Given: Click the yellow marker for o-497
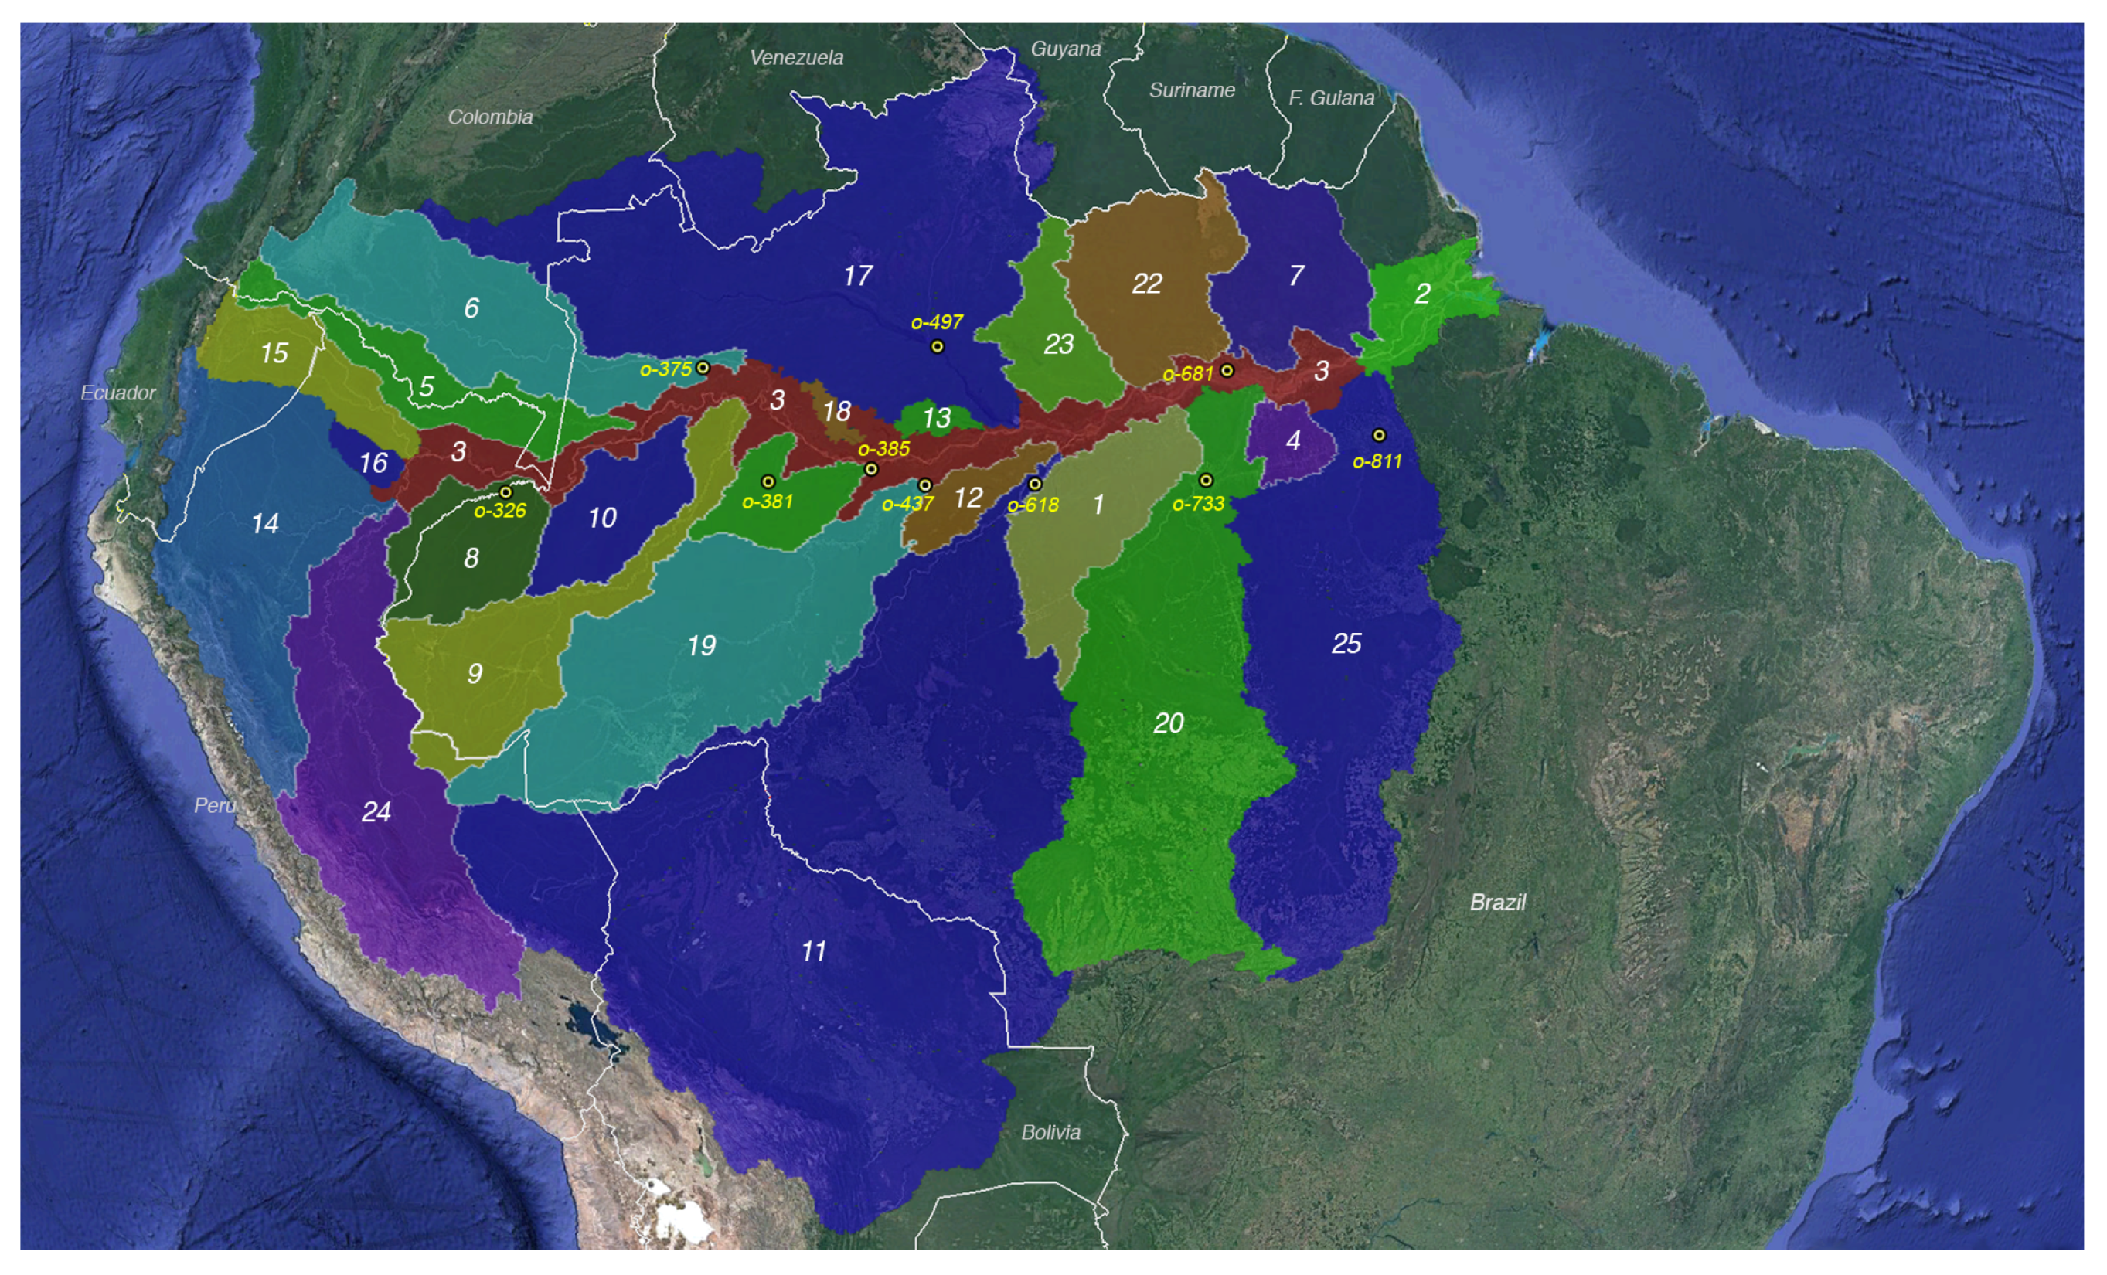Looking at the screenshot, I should pyautogui.click(x=938, y=346).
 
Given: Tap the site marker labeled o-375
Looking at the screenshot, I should pyautogui.click(x=703, y=368).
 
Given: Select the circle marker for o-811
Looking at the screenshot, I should pyautogui.click(x=1378, y=435).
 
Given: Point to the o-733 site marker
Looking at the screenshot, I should pyautogui.click(x=1206, y=480).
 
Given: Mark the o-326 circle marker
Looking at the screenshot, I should pyautogui.click(x=505, y=492).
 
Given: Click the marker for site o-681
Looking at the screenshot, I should pyautogui.click(x=1226, y=370).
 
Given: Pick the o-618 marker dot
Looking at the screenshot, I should pyautogui.click(x=1035, y=484).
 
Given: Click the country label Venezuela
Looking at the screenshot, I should pyautogui.click(x=796, y=57).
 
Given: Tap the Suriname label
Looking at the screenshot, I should pyautogui.click(x=1191, y=90).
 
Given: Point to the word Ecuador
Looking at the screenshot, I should pyautogui.click(x=118, y=393).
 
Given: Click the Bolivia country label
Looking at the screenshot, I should pyautogui.click(x=1050, y=1132).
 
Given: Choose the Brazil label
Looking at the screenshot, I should pyautogui.click(x=1497, y=903).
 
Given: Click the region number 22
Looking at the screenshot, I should pyautogui.click(x=1147, y=284).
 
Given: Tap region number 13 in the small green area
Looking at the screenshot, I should pyautogui.click(x=936, y=418).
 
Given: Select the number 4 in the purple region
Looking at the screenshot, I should pyautogui.click(x=1293, y=440).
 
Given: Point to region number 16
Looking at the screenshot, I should pyautogui.click(x=373, y=464).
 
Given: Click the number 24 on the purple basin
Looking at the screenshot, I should pyautogui.click(x=376, y=811).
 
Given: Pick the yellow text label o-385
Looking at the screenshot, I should pyautogui.click(x=883, y=449).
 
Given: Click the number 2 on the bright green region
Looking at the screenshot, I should pyautogui.click(x=1422, y=294).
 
